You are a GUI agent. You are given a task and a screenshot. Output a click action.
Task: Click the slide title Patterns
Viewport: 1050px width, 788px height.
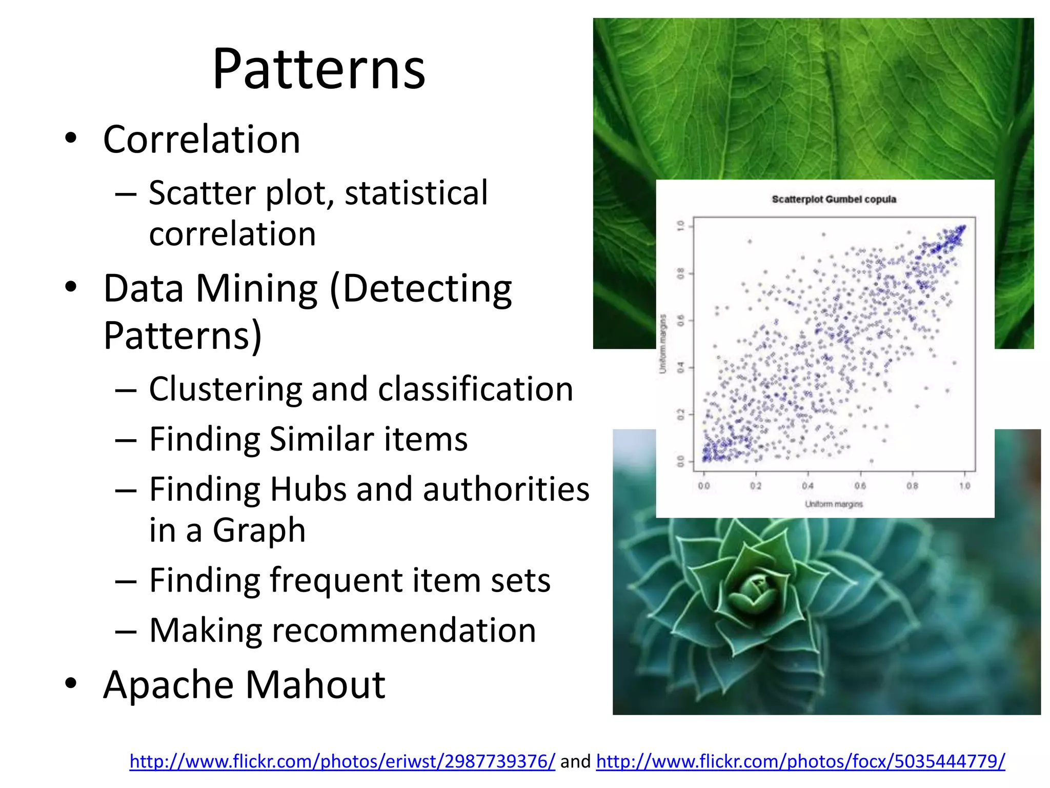(318, 69)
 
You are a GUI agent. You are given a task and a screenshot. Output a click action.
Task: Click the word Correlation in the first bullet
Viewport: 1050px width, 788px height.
(201, 140)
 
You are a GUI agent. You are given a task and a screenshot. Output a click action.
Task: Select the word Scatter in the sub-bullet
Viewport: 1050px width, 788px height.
(202, 193)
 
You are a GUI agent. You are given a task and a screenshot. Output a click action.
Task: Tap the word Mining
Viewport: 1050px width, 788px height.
(256, 288)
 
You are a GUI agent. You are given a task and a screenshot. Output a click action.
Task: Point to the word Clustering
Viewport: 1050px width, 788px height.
(225, 389)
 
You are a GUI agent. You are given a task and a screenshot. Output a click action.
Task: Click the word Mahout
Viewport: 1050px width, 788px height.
(315, 685)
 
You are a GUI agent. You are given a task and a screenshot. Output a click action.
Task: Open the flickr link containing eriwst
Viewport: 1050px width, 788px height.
(342, 761)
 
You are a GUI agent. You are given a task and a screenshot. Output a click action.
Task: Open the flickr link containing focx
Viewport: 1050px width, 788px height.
(800, 761)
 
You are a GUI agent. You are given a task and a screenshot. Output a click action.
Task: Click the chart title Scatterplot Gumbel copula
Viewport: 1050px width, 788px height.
(834, 199)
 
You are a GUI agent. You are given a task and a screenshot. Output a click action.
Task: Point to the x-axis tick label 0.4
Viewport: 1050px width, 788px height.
(808, 485)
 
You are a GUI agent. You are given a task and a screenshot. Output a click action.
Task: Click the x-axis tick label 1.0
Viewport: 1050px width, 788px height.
(964, 485)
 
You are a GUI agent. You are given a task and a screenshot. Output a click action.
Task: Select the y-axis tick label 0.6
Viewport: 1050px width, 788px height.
(680, 321)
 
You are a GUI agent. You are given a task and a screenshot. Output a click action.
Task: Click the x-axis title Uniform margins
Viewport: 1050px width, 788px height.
(834, 504)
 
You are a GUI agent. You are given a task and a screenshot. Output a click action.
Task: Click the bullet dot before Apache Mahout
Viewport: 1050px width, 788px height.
(71, 683)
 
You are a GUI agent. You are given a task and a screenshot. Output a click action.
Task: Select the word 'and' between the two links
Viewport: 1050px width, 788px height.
(575, 761)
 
